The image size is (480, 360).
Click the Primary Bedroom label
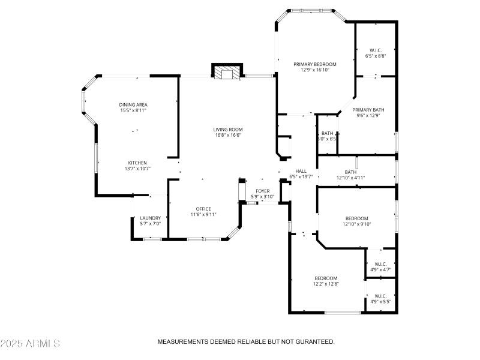pyautogui.click(x=314, y=64)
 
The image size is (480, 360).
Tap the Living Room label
pyautogui.click(x=227, y=130)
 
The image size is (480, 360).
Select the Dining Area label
pyautogui.click(x=133, y=105)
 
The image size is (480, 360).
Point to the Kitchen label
pyautogui.click(x=137, y=163)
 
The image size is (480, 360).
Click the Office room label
pyautogui.click(x=203, y=208)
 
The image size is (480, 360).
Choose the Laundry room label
pyautogui.click(x=150, y=218)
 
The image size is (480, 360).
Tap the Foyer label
pyautogui.click(x=263, y=191)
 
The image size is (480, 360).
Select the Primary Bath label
pyautogui.click(x=368, y=110)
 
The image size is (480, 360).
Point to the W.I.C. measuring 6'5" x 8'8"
pyautogui.click(x=376, y=50)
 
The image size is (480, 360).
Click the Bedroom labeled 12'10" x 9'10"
pyautogui.click(x=356, y=218)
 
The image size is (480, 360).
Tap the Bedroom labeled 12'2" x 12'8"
pyautogui.click(x=326, y=278)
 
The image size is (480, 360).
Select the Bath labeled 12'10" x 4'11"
pyautogui.click(x=350, y=172)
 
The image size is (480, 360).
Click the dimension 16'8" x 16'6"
pyautogui.click(x=227, y=135)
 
